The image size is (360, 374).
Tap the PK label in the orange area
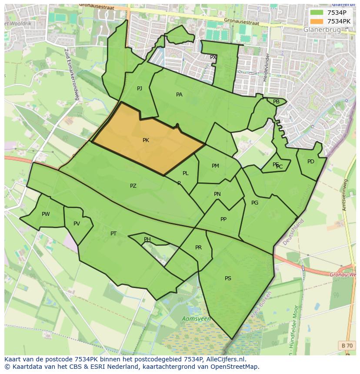pyautogui.click(x=146, y=140)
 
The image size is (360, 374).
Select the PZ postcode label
pyautogui.click(x=133, y=186)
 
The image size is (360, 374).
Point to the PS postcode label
pyautogui.click(x=228, y=278)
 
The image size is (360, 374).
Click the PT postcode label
pyautogui.click(x=113, y=234)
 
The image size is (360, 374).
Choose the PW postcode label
pyautogui.click(x=46, y=214)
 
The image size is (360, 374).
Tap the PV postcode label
pyautogui.click(x=77, y=224)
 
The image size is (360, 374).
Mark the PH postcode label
pyautogui.click(x=147, y=239)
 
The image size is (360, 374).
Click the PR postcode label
pyautogui.click(x=198, y=248)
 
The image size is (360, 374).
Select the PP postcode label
pyautogui.click(x=223, y=219)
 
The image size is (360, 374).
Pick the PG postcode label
pyautogui.click(x=255, y=203)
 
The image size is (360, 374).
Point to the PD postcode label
pyautogui.click(x=311, y=162)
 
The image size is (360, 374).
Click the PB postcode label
pyautogui.click(x=276, y=102)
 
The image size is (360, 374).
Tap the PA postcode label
pyautogui.click(x=179, y=95)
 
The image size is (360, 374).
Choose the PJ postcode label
pyautogui.click(x=140, y=89)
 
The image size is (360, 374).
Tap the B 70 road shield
pyautogui.click(x=347, y=345)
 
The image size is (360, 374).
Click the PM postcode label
pyautogui.click(x=215, y=166)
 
